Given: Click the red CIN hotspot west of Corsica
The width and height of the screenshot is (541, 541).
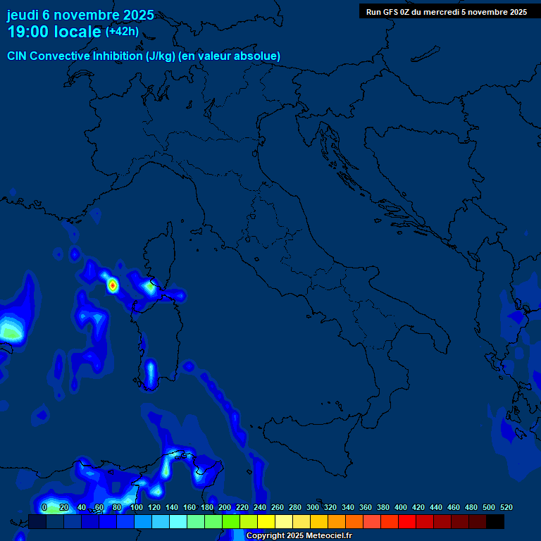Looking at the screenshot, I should pos(113,285).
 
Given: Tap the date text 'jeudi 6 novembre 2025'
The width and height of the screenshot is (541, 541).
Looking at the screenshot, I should pos(80,15).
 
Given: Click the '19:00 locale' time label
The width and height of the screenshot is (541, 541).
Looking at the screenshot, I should pos(54,32).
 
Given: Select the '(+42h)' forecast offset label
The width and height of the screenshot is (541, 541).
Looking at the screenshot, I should pos(122,31).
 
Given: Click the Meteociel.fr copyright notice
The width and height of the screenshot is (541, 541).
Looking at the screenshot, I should pos(299,535).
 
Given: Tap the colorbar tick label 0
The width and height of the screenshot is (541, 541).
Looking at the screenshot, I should pos(44,507).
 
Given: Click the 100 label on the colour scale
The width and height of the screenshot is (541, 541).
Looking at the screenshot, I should pos(137,507).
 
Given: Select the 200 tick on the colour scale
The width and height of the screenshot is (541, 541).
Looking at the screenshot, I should pos(225,507).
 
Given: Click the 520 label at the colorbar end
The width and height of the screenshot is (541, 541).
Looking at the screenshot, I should pos(506,507).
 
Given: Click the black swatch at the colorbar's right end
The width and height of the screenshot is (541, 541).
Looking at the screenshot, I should pos(495,521).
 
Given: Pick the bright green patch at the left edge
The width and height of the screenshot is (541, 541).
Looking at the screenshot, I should pos(9,330).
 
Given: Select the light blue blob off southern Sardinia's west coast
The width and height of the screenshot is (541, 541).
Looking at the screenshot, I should pos(150,371).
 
